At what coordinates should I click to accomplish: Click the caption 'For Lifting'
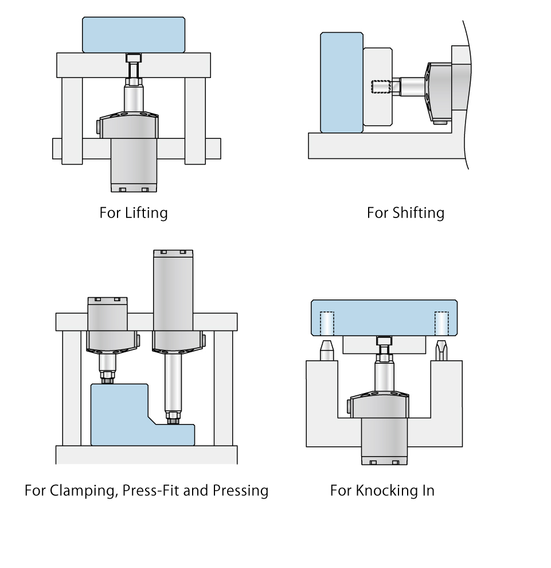134,213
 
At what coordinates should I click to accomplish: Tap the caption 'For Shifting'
405,213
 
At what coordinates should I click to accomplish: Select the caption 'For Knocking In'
382,491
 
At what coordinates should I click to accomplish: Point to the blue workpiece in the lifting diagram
133,34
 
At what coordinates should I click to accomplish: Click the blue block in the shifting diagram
342,82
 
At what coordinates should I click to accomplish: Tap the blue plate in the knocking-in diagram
384,317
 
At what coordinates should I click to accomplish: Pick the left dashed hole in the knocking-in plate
326,322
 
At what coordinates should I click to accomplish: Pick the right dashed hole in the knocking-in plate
441,322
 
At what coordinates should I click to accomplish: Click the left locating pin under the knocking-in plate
326,351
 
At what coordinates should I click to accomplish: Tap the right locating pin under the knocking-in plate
441,351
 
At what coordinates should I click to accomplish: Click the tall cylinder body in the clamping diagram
173,293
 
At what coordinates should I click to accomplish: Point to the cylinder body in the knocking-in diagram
384,439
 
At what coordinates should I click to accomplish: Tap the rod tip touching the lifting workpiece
133,58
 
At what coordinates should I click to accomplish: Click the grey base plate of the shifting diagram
384,146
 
